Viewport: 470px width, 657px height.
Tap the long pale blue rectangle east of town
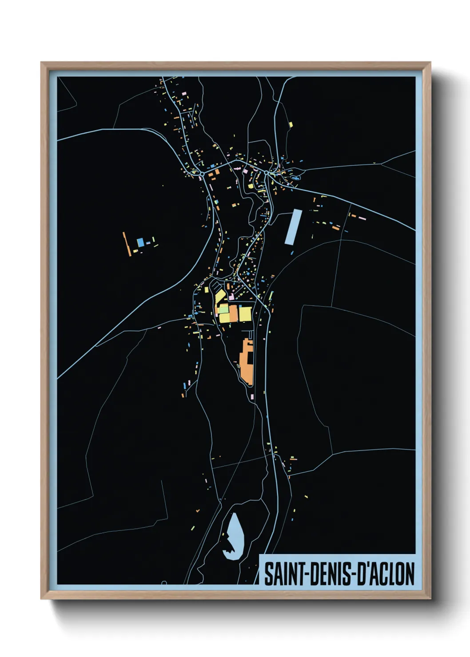pos(293,227)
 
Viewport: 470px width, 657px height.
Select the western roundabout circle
pos(202,172)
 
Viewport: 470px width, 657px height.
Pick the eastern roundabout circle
pos(267,172)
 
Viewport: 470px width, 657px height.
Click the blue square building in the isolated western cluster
pos(140,242)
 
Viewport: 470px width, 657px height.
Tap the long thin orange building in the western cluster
pos(127,244)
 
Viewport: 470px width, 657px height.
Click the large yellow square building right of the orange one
pos(246,313)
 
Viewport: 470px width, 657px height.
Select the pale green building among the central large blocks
pos(223,309)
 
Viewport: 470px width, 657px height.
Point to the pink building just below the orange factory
pos(252,396)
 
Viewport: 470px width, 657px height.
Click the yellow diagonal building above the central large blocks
pos(220,296)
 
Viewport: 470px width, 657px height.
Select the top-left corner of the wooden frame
pos(41,63)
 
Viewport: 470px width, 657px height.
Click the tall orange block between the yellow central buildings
pos(233,313)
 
